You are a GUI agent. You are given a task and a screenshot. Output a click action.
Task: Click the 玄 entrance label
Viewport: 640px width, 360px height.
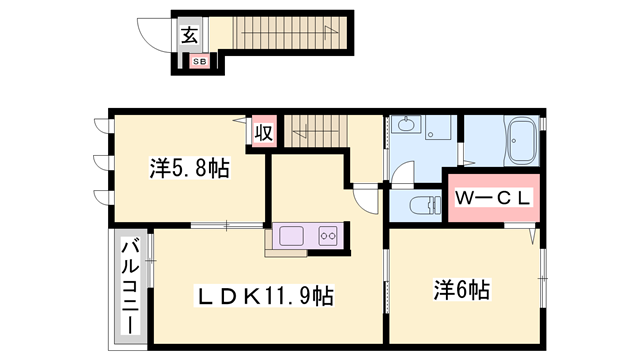(189, 35)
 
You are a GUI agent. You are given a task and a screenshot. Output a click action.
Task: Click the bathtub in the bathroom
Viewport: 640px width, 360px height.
(520, 143)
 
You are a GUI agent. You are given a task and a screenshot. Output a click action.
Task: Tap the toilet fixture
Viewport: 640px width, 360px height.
(425, 206)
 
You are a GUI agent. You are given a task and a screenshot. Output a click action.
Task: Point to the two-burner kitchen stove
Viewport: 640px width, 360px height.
(328, 237)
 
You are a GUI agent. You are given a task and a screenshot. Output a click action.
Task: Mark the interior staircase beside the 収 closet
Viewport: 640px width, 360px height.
(315, 129)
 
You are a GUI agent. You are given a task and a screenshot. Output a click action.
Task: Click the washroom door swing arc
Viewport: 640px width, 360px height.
(397, 176)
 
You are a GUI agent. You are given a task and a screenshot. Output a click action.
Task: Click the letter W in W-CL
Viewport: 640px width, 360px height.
(465, 198)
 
